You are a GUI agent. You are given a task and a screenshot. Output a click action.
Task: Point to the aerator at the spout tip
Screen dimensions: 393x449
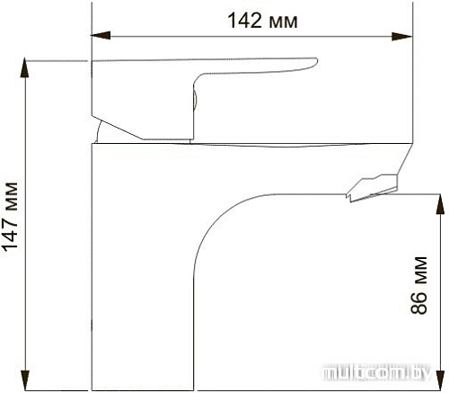click(370, 186)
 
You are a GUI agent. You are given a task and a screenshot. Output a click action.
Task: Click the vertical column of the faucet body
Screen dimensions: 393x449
click(144, 270)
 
